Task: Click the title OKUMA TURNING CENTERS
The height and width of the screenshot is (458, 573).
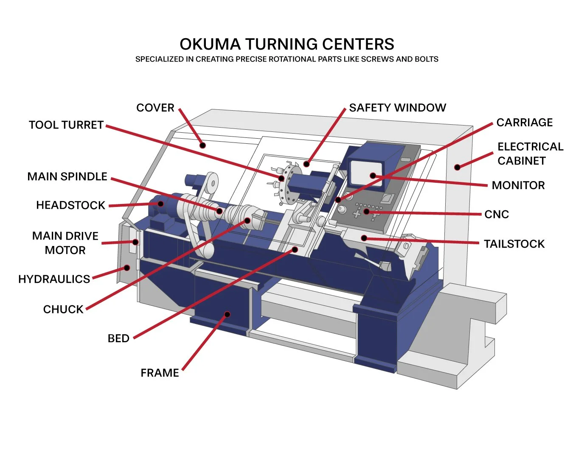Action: [x=286, y=44]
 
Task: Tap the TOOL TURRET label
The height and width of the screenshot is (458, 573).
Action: [x=66, y=125]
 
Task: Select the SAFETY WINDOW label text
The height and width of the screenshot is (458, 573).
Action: [x=397, y=108]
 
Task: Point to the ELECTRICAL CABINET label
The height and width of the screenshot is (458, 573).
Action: [x=530, y=154]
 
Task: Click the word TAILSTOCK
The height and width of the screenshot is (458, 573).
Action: [x=514, y=244]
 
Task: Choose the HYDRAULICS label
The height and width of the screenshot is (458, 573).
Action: [x=54, y=279]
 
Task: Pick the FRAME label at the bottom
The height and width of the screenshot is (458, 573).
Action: [x=160, y=373]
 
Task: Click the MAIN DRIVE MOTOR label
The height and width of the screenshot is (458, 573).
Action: [x=65, y=243]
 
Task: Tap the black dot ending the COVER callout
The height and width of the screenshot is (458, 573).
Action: [x=203, y=145]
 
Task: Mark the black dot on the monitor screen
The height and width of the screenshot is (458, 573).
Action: [x=373, y=176]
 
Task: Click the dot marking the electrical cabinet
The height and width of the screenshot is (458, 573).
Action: [x=457, y=168]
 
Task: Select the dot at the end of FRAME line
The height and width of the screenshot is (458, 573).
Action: [x=227, y=314]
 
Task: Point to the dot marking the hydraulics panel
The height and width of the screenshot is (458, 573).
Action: [x=126, y=268]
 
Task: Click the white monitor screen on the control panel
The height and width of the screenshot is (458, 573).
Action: [x=365, y=172]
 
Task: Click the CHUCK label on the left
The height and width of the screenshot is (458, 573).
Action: [x=63, y=309]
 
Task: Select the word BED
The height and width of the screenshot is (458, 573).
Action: [x=118, y=338]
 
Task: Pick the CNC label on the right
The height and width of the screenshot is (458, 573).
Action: [x=496, y=214]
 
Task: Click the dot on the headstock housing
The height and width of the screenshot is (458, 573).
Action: [x=160, y=204]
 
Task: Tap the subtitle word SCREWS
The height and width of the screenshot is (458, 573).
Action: [x=377, y=59]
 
